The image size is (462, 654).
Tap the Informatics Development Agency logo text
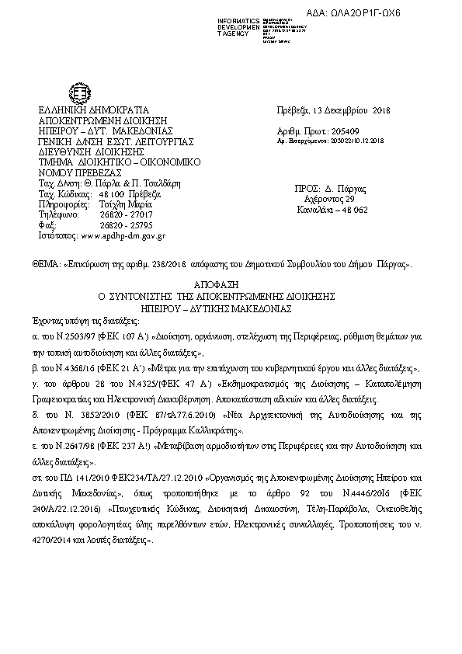click(x=238, y=25)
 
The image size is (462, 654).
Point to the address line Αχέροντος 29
click(x=329, y=200)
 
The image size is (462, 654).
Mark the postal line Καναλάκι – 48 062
click(x=331, y=210)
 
